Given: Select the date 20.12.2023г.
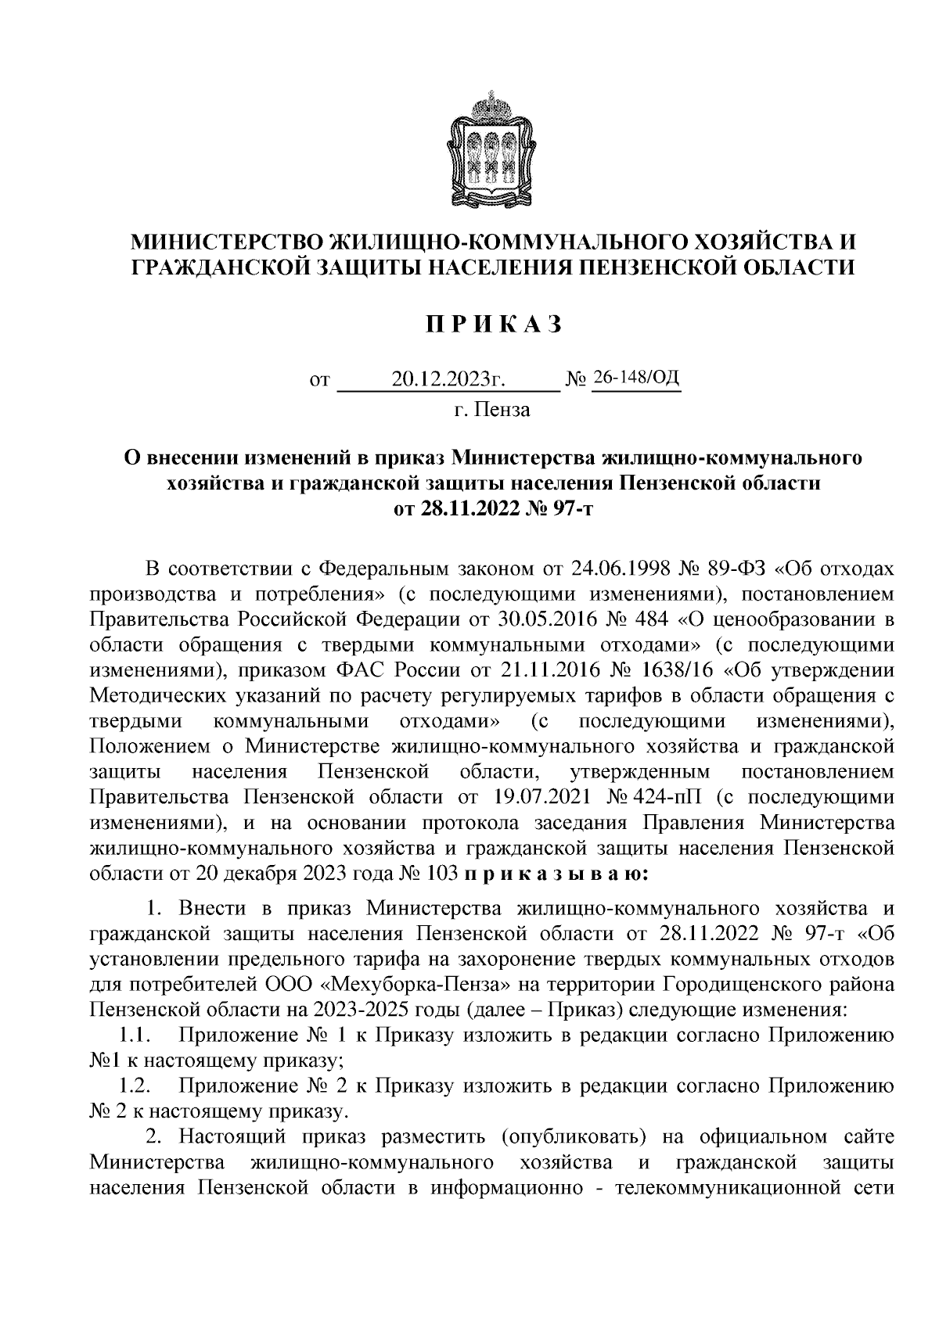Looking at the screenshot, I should (x=447, y=381).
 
